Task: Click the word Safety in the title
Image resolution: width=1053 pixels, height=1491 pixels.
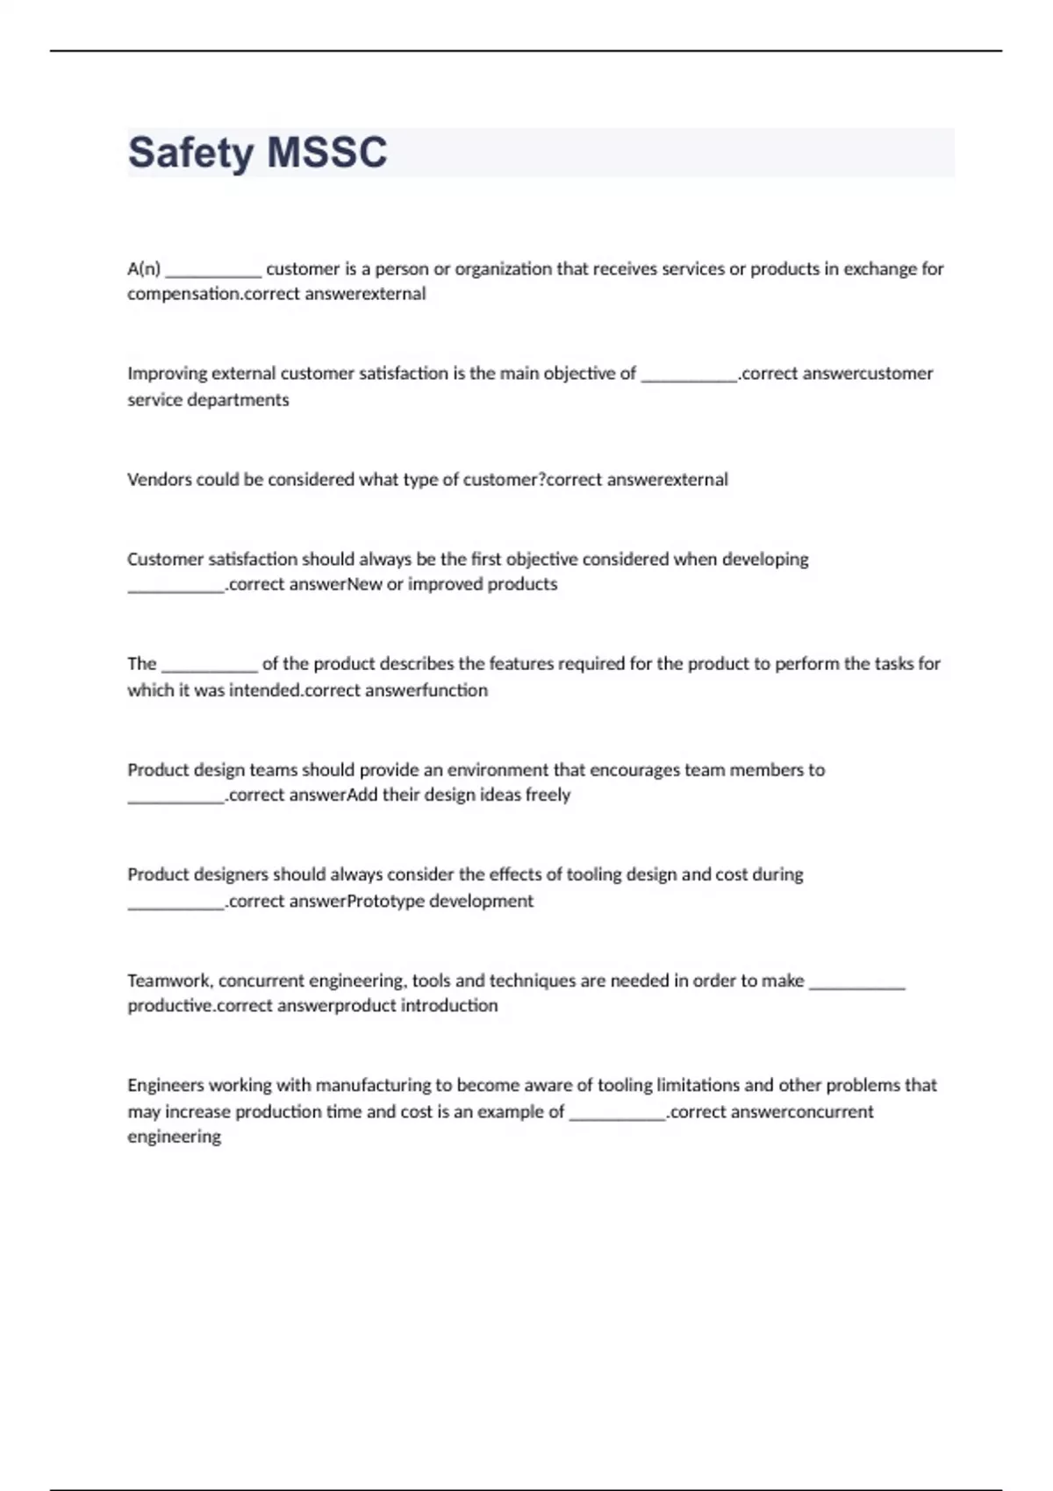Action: [190, 153]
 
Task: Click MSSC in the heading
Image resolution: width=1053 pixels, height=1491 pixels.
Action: [326, 153]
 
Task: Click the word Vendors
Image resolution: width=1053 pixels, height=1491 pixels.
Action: [159, 480]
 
